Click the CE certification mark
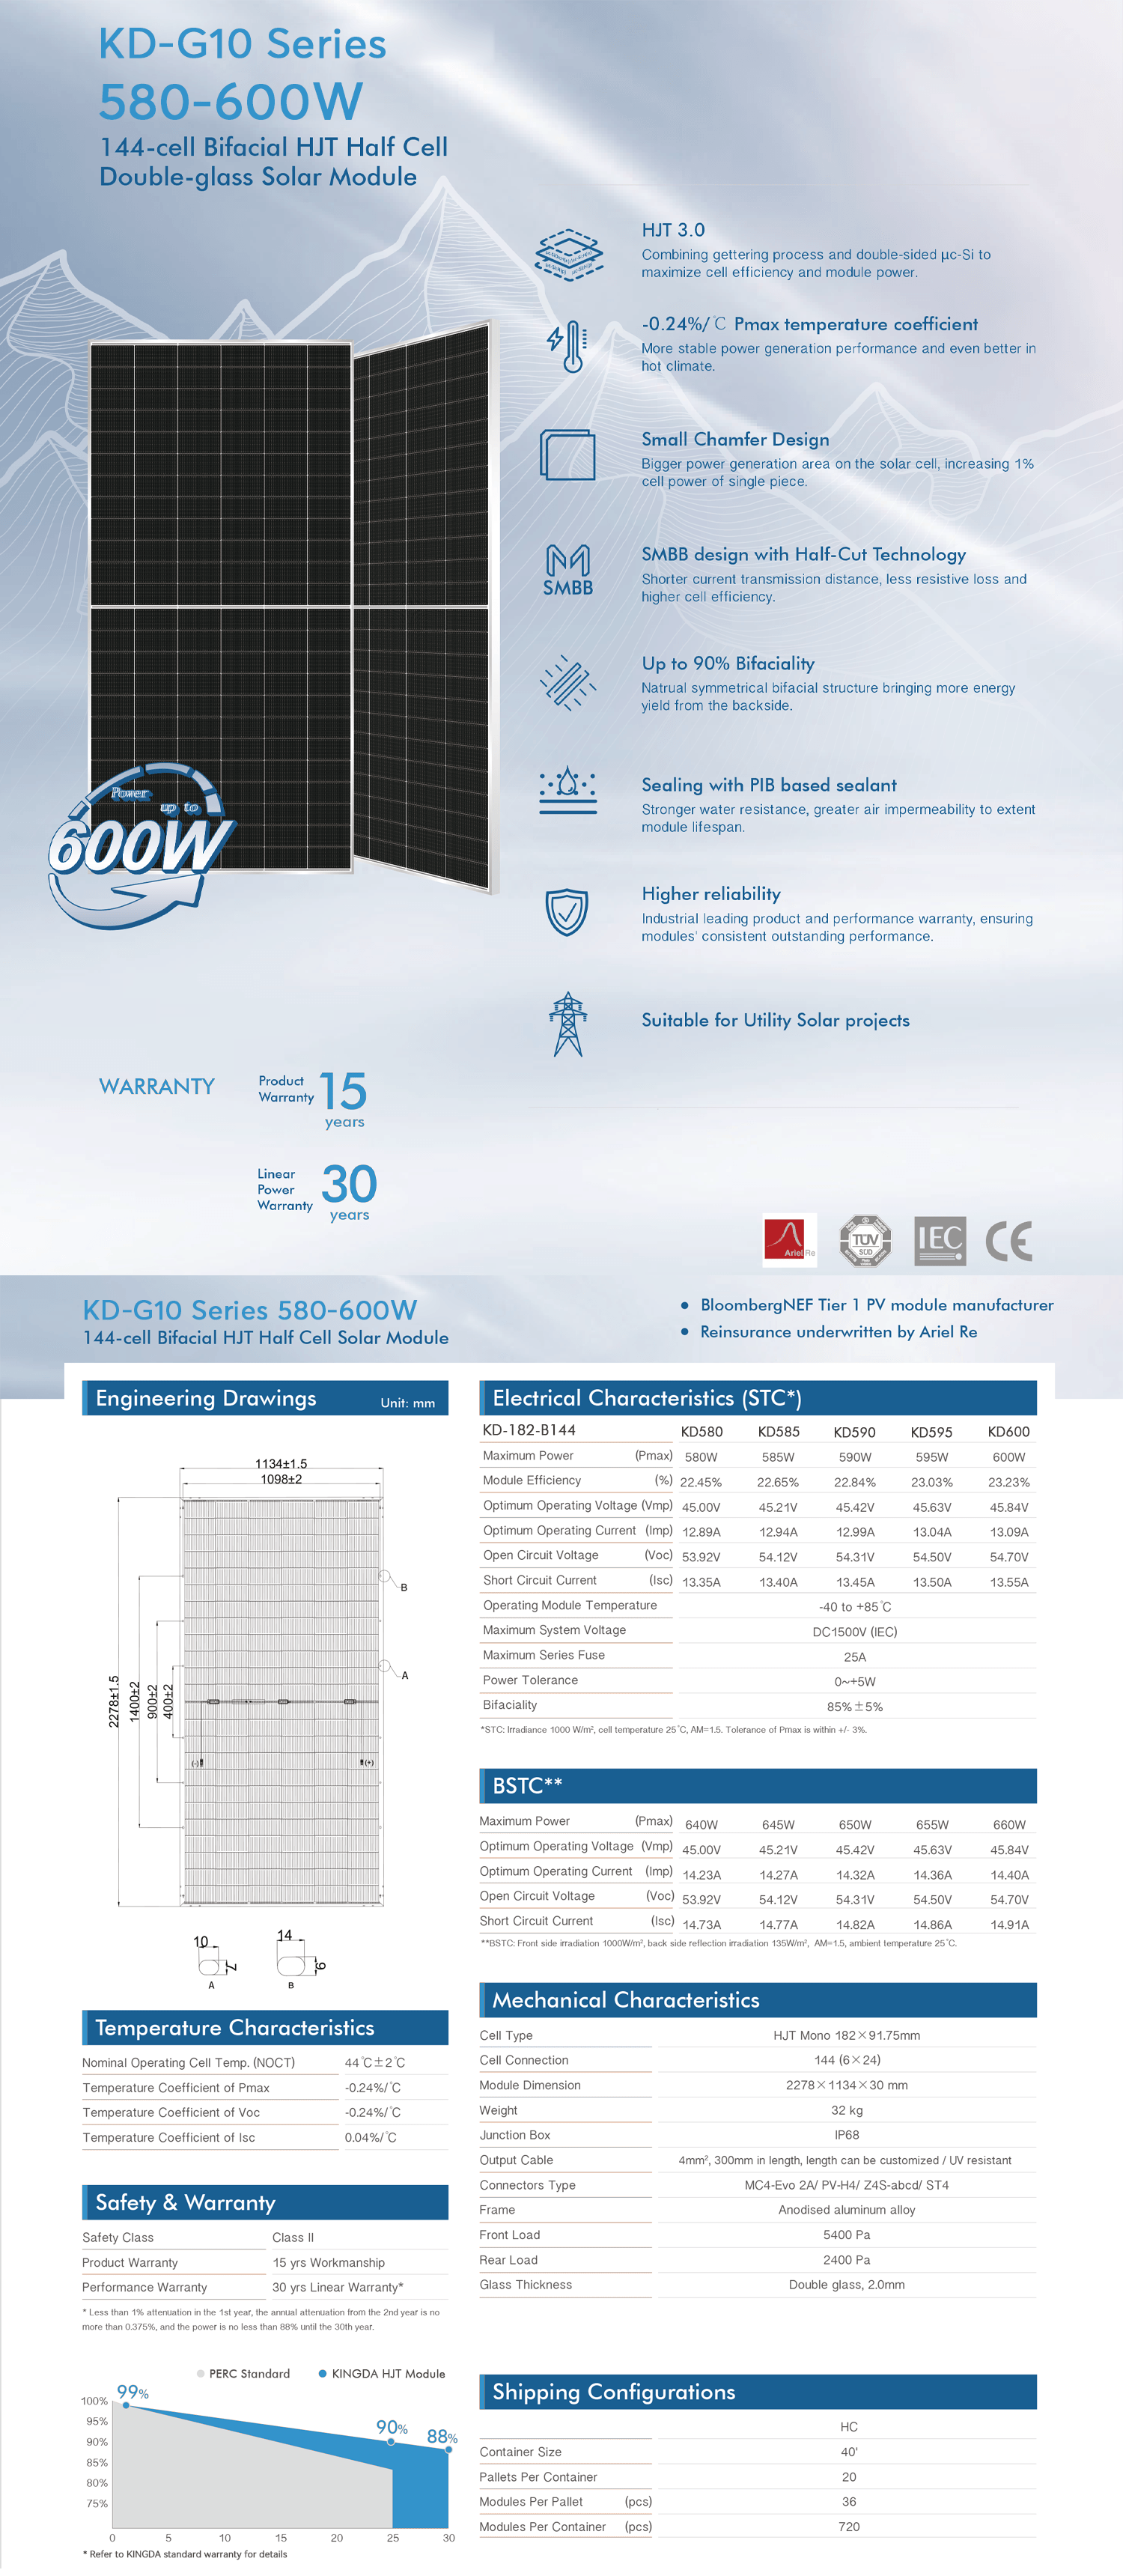tap(1008, 1241)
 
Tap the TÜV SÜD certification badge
tap(865, 1241)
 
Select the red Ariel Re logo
tap(789, 1240)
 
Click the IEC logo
tap(940, 1241)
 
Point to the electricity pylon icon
tap(568, 1024)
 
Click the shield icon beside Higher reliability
tap(567, 911)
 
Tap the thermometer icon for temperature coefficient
tap(568, 346)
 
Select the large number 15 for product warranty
tap(343, 1091)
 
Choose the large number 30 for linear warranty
tap(349, 1184)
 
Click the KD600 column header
tap(1008, 1432)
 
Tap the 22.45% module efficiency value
tap(701, 1482)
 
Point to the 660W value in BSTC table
tap(1009, 1825)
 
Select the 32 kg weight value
tap(847, 2110)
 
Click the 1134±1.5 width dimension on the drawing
tap(281, 1464)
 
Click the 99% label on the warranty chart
tap(132, 2392)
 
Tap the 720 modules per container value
tap(849, 2526)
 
